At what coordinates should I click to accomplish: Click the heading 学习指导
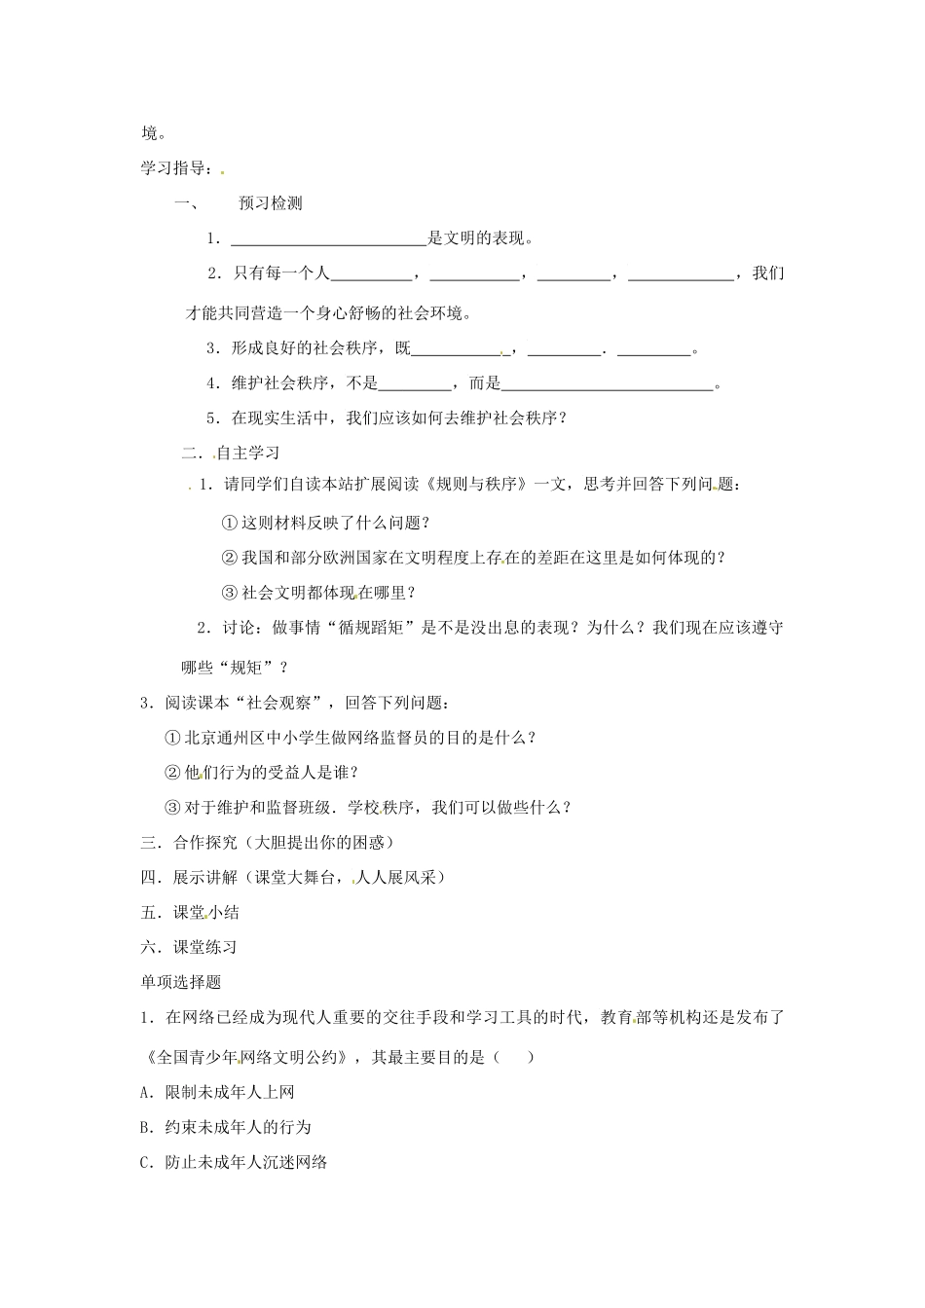point(174,168)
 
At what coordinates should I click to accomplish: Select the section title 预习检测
point(270,203)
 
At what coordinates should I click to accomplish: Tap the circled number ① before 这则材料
point(230,523)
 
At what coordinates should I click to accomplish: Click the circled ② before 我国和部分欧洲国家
point(230,558)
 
